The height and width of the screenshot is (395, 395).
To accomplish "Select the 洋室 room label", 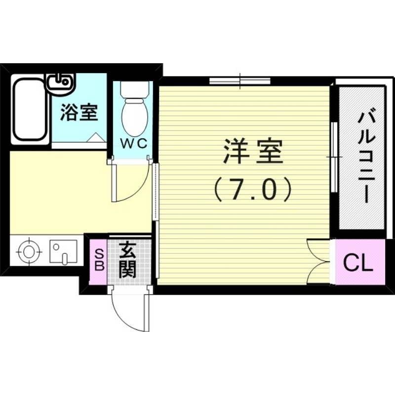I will (x=252, y=152).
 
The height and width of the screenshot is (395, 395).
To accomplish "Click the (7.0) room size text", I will (x=252, y=189).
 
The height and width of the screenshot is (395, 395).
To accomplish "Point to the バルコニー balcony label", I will (x=364, y=157).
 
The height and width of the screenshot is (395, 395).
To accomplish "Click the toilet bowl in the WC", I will (x=135, y=111).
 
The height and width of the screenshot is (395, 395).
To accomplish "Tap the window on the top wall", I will (x=239, y=81).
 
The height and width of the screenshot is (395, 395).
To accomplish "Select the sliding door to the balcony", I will (x=333, y=157).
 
